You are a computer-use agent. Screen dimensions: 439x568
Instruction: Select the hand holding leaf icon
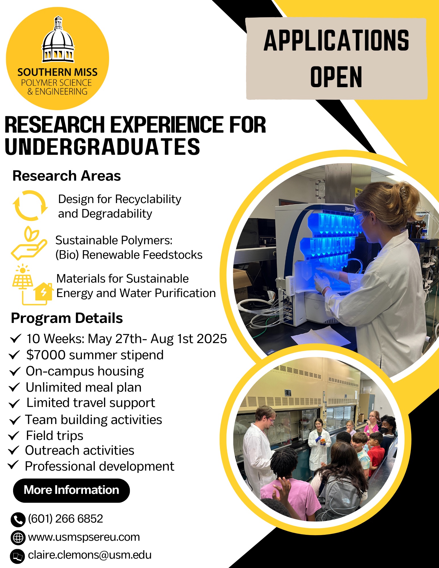point(29,243)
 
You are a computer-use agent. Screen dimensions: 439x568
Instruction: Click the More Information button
point(71,490)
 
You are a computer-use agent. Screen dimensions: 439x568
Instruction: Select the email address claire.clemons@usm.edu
point(90,555)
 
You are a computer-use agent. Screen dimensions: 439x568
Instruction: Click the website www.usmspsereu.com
point(84,537)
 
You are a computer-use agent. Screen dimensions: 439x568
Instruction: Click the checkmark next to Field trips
point(14,435)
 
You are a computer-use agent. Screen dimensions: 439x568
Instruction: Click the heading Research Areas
point(67,176)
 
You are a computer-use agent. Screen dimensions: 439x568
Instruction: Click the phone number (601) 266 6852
point(65,519)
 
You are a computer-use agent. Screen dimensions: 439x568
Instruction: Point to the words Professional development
point(99,466)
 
